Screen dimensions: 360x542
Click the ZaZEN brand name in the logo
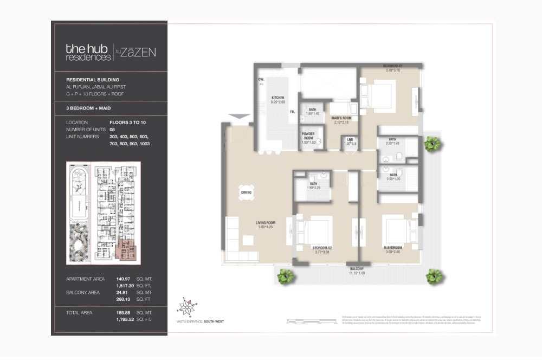[x=138, y=52]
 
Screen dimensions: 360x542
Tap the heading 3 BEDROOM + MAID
[x=90, y=108]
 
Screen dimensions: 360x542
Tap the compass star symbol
[x=188, y=307]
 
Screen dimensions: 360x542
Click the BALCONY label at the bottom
[x=356, y=269]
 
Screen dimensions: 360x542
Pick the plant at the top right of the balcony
[x=432, y=144]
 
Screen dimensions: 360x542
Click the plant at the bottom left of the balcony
[x=285, y=278]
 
